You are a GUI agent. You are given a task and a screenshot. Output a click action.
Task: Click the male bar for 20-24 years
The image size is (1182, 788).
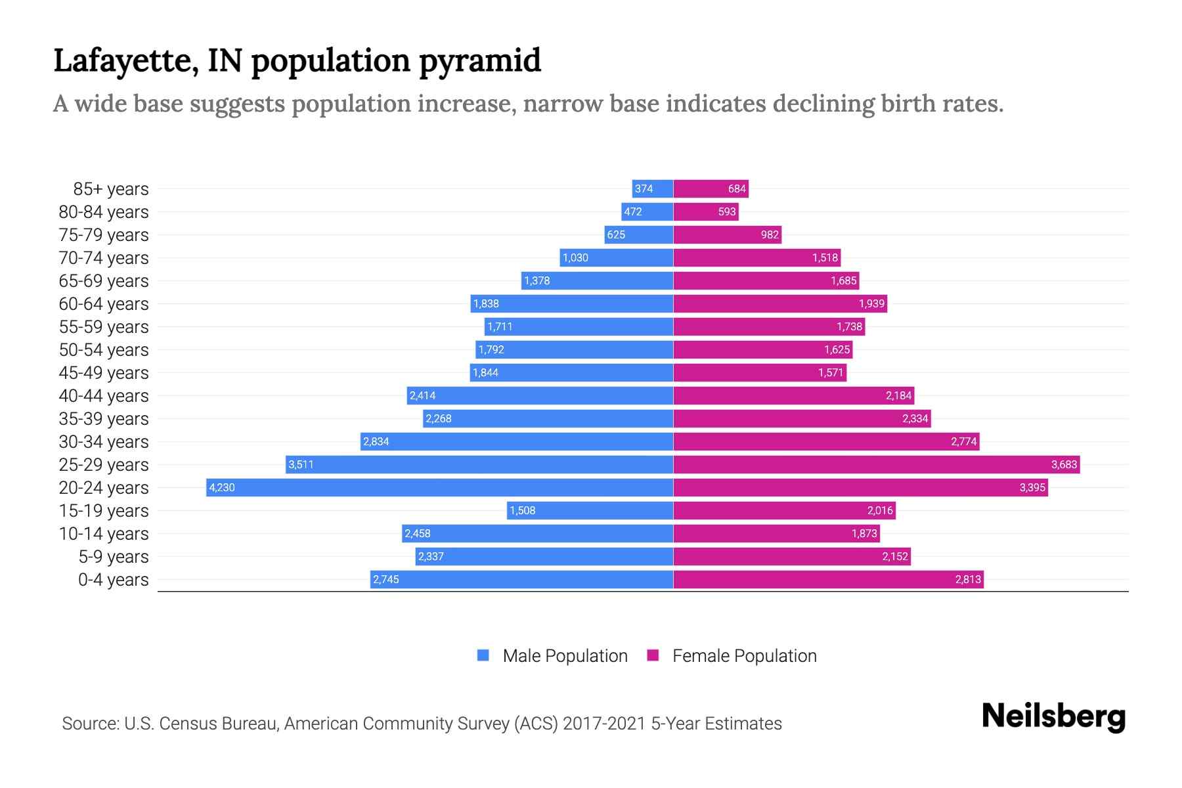(x=439, y=487)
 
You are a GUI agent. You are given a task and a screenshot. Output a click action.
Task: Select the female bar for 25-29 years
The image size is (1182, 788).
(x=876, y=464)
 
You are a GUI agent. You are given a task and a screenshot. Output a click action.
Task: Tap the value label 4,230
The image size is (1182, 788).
(x=222, y=487)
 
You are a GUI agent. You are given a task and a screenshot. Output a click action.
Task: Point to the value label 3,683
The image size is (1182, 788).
(x=1064, y=464)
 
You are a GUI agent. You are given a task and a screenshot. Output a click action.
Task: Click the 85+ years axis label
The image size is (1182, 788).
(x=111, y=189)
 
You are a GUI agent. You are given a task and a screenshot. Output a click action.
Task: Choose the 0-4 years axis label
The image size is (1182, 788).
(x=113, y=580)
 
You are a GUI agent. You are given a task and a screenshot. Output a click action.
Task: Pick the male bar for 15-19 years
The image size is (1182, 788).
(x=590, y=510)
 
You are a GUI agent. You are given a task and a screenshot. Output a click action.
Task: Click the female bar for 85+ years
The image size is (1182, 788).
(x=711, y=189)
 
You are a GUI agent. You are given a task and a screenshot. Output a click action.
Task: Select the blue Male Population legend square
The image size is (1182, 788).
(x=483, y=655)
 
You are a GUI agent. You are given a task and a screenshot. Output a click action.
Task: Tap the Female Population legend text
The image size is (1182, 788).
(x=744, y=656)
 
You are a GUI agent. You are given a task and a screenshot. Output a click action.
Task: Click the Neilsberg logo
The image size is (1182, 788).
(x=1053, y=716)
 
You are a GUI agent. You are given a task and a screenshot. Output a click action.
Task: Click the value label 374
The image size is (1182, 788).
(x=644, y=189)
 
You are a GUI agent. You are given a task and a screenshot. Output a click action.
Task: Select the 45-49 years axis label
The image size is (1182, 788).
(x=104, y=373)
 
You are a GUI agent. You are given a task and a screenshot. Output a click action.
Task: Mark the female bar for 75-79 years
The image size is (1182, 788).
(x=727, y=234)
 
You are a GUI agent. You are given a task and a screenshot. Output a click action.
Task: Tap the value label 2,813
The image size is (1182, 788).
(x=968, y=579)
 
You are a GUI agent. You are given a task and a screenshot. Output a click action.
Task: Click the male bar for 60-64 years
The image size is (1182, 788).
(x=572, y=303)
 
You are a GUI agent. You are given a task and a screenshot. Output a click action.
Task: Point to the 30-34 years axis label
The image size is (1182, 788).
(x=104, y=442)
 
